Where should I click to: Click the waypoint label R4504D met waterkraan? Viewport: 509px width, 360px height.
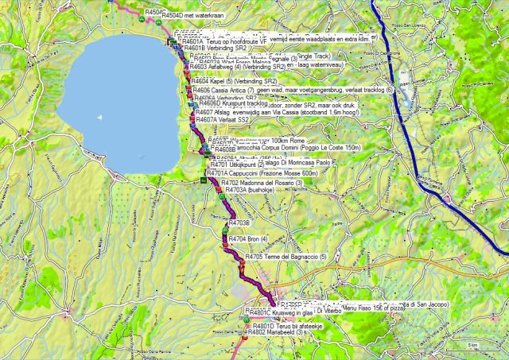[x=194, y=14]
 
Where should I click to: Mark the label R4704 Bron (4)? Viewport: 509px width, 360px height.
[x=247, y=238]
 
